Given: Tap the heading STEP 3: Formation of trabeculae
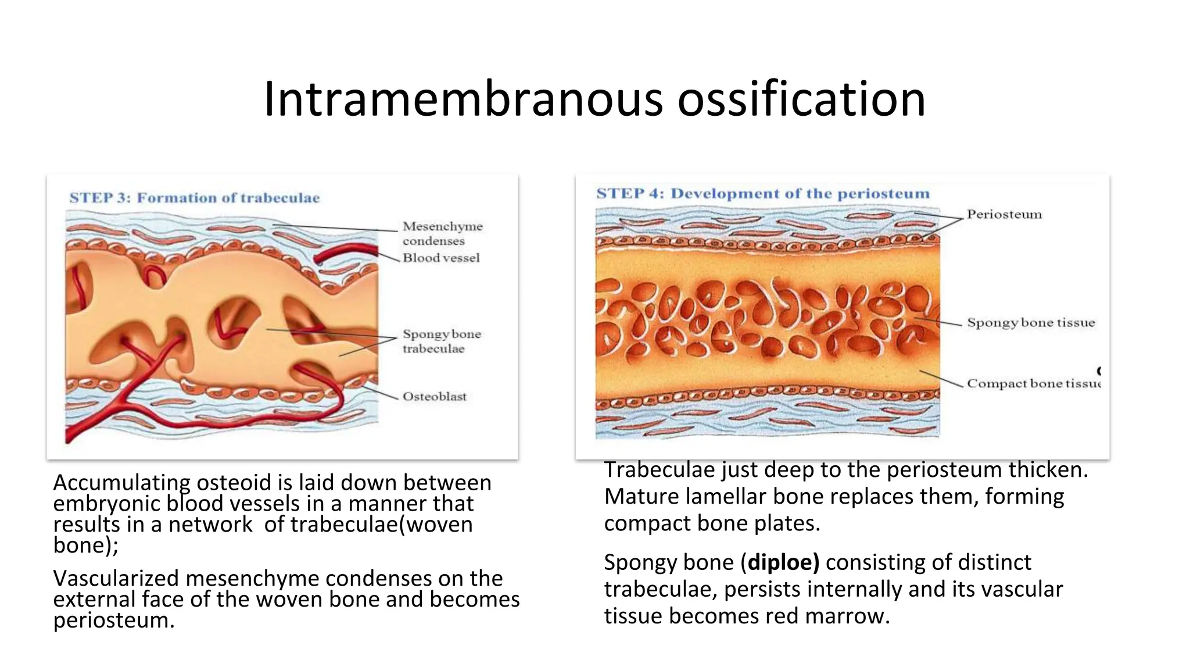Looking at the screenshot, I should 195,198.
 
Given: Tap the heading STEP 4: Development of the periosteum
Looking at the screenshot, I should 763,193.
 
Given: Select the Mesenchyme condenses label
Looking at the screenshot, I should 442,233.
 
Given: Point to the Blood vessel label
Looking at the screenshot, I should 441,258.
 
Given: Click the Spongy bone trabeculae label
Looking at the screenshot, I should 442,341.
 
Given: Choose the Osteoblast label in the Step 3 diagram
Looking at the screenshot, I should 435,397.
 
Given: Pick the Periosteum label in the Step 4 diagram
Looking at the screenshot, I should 1004,214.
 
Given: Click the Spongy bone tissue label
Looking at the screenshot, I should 1031,322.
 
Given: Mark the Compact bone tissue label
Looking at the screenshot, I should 1033,383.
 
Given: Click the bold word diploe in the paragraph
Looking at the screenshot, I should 783,562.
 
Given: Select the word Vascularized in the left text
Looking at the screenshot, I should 116,579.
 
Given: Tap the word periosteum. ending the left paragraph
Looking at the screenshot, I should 114,621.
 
